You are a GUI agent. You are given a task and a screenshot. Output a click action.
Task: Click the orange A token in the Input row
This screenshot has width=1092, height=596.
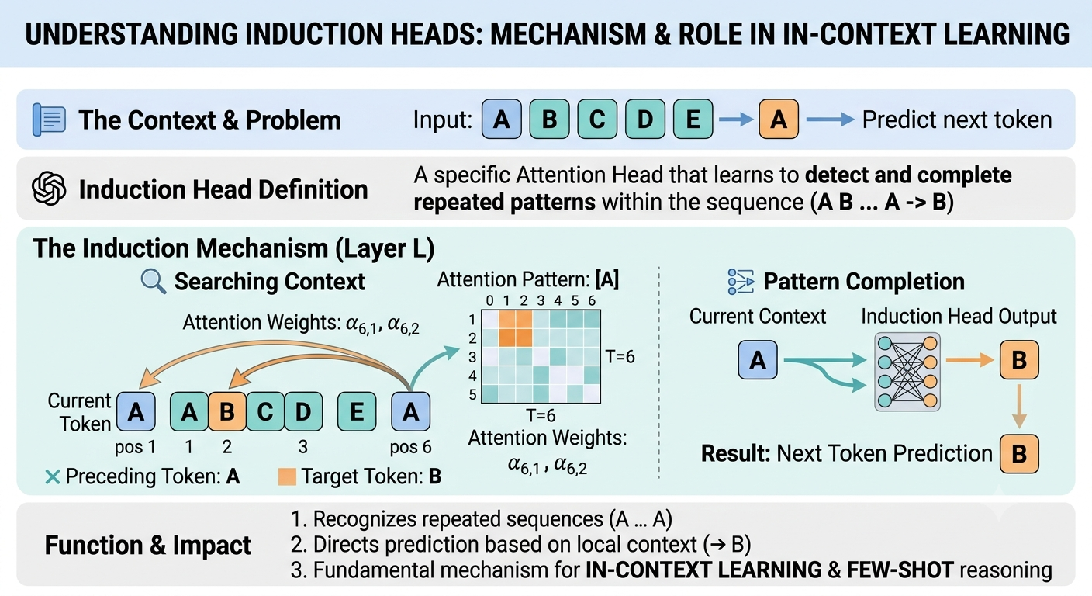click(x=779, y=119)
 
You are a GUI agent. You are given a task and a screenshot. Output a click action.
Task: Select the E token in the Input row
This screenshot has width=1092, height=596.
click(x=693, y=119)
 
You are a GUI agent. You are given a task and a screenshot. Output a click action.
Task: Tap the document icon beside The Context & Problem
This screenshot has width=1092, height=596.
click(x=49, y=120)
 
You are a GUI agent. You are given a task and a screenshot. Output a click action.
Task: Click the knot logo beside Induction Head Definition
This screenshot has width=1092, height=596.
click(x=49, y=189)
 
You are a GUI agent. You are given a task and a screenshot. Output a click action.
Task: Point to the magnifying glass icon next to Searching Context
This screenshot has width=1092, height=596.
click(x=153, y=282)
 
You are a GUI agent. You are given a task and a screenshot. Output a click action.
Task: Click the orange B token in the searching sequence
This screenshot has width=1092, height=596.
click(x=227, y=411)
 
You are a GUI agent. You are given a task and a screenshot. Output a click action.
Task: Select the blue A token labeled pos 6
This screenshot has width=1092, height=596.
click(x=410, y=411)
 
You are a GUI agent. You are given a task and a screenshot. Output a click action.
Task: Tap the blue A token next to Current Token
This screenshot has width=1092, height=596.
click(x=136, y=411)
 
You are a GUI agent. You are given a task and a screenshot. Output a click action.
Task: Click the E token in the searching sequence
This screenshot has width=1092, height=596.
click(x=357, y=411)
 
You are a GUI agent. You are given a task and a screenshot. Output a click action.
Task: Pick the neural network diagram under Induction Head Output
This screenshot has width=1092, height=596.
click(x=907, y=372)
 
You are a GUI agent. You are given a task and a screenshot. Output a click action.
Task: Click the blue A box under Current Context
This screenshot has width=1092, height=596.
click(x=758, y=360)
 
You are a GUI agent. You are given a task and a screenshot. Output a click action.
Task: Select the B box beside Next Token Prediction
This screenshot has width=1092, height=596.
click(x=1019, y=453)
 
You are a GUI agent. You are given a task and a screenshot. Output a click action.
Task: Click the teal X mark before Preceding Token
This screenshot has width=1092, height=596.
click(x=53, y=476)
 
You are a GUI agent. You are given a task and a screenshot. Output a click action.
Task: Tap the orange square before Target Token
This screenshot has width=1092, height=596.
click(x=287, y=476)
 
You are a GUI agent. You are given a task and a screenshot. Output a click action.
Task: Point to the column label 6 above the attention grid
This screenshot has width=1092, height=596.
click(x=592, y=300)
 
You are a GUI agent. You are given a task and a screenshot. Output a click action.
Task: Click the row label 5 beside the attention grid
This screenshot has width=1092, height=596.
click(x=472, y=394)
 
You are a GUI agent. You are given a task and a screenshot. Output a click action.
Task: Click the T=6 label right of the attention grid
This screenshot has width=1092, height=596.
click(x=620, y=356)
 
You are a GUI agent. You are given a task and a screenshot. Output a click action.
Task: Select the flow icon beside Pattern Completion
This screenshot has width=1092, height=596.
click(x=741, y=282)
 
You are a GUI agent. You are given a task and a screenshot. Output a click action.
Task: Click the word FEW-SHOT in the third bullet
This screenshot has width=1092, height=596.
click(x=900, y=570)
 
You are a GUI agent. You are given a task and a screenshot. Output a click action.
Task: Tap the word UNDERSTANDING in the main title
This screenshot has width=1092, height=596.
click(x=131, y=34)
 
